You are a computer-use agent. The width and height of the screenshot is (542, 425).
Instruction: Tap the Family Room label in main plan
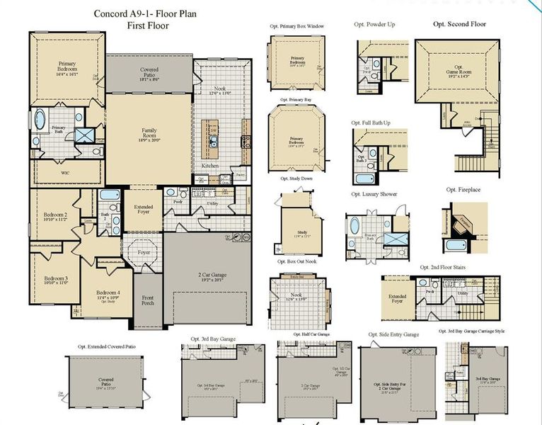[x=149, y=130]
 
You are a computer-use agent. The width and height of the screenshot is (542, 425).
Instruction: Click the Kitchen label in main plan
[x=210, y=166]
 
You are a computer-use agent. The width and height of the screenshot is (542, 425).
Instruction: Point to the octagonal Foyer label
[x=144, y=252]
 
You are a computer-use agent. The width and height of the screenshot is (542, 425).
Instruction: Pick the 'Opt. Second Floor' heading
[x=459, y=24]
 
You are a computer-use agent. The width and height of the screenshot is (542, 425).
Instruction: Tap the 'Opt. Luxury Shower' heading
[x=374, y=194]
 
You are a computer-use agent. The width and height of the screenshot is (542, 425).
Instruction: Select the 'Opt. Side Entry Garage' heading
[x=393, y=334]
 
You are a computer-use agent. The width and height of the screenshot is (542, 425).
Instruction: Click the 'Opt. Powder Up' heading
[x=374, y=24]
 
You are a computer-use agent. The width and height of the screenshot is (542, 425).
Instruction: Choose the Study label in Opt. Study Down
[x=301, y=233]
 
